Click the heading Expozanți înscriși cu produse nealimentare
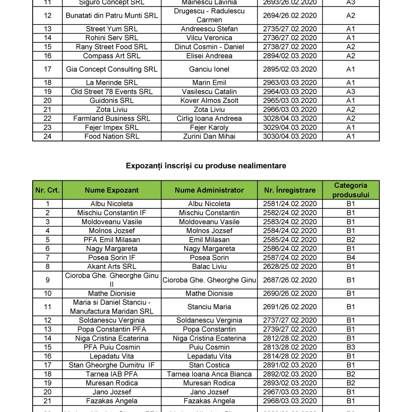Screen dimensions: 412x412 (206, 166)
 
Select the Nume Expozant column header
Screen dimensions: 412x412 (111, 190)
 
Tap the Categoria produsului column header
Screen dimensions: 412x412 (350, 190)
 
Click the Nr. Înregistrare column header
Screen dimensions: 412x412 (290, 190)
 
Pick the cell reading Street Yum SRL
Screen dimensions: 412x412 (111, 29)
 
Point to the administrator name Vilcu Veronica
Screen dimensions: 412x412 (209, 38)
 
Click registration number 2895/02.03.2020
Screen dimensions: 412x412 (290, 69)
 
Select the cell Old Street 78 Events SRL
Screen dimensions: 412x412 (111, 92)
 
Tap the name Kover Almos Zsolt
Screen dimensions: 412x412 (209, 101)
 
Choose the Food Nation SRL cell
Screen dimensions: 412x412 (111, 136)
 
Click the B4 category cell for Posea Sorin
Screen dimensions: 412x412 (350, 257)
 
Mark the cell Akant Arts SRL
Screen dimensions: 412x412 (111, 266)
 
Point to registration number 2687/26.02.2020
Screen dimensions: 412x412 (290, 280)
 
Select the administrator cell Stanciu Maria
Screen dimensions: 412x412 (209, 307)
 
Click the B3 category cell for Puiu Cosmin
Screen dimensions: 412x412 (350, 347)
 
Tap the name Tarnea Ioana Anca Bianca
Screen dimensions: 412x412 (209, 374)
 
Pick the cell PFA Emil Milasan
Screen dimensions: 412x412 (111, 240)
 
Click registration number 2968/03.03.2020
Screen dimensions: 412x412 (290, 401)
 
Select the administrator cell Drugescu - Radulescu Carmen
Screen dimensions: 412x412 (209, 16)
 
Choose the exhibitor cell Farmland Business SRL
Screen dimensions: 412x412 (111, 119)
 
